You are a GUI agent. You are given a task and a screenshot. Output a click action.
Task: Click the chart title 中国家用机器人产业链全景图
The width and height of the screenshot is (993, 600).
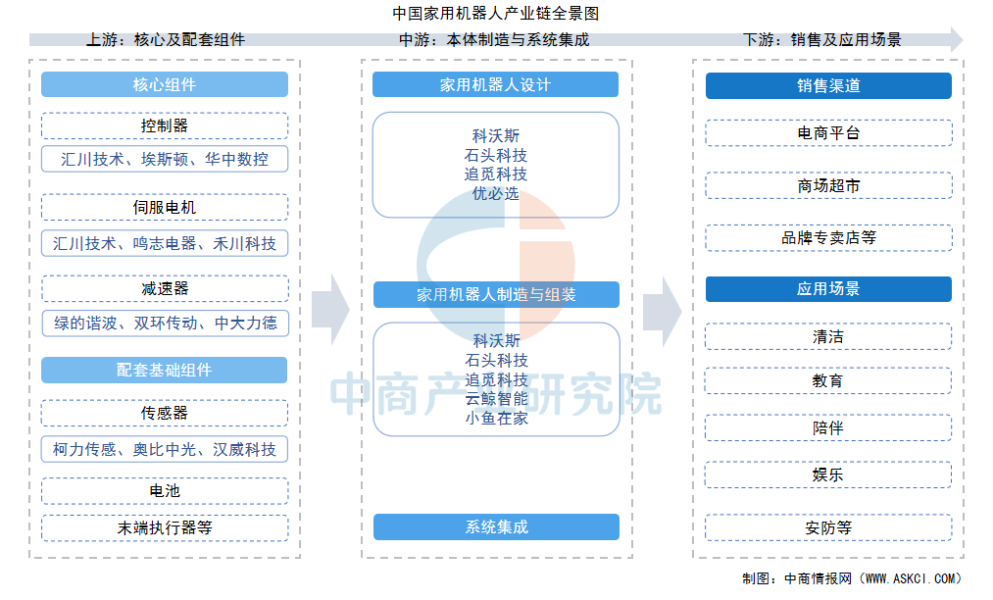(495, 13)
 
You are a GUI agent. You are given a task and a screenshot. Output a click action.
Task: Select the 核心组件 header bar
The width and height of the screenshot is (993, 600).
(165, 84)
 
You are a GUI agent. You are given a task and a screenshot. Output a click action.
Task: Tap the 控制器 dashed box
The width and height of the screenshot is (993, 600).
(165, 125)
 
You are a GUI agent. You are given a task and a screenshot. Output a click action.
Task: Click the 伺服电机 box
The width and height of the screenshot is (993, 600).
(165, 207)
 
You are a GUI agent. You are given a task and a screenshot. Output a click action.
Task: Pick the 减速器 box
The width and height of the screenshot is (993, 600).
(165, 288)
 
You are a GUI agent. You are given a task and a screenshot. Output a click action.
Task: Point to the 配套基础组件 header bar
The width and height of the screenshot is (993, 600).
(164, 370)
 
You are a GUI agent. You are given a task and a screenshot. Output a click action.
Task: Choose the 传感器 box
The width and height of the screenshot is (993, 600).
(164, 413)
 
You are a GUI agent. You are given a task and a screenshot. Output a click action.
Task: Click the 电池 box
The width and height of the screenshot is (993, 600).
(165, 491)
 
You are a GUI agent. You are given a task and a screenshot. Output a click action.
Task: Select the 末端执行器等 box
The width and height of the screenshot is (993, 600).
(165, 527)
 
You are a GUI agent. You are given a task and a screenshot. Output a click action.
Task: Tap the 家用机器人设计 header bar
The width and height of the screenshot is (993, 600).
(495, 84)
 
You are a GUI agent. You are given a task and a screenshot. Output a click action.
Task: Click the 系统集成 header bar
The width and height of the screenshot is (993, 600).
(496, 526)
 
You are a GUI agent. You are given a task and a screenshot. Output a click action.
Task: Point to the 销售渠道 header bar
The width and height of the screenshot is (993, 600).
(828, 85)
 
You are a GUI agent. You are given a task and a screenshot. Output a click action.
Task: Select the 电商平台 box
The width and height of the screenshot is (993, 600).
(828, 133)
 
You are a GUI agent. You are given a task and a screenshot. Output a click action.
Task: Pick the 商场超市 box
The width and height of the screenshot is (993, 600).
(828, 185)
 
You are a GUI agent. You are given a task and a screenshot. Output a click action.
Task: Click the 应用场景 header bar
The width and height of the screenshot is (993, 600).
(828, 289)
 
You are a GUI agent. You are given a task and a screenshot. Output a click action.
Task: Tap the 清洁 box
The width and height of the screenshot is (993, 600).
(827, 336)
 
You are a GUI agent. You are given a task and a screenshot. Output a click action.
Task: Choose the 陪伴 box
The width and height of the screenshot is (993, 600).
(827, 427)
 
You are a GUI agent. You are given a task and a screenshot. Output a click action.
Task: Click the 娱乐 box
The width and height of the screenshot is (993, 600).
(827, 475)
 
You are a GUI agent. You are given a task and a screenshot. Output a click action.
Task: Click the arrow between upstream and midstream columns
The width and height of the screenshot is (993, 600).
(330, 310)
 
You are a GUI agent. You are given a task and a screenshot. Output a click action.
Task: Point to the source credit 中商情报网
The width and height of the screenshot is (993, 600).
(818, 578)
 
